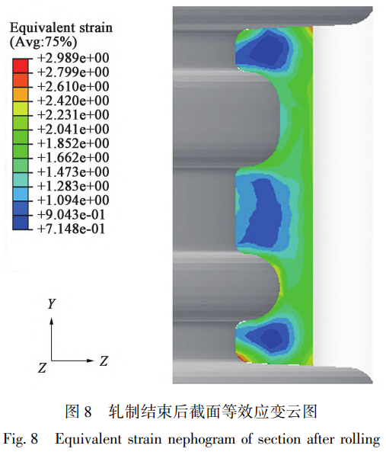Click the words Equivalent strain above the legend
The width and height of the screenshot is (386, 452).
pos(61,28)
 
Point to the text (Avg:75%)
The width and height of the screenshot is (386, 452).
pos(41,43)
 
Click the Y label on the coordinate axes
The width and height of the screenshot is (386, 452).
pos(51,303)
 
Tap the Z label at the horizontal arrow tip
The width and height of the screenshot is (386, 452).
pos(104,358)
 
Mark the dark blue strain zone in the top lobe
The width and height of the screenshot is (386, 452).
pos(261,51)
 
